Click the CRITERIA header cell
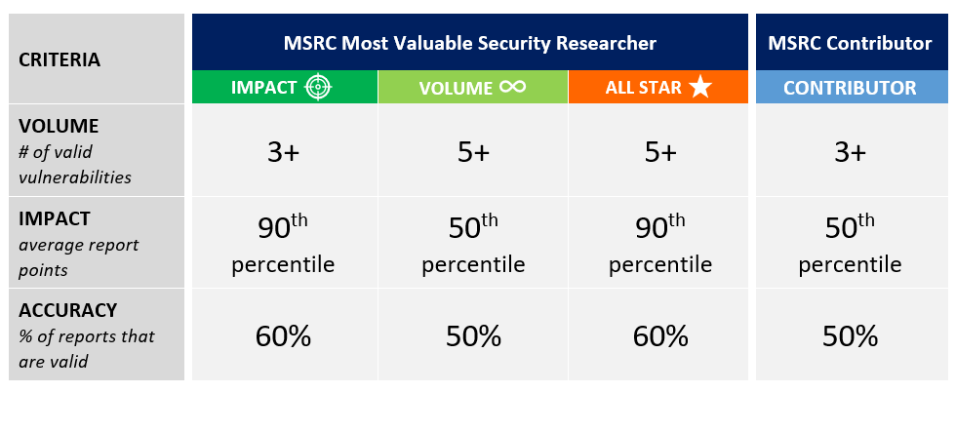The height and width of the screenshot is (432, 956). (60, 59)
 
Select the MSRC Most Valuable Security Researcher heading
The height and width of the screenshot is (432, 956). (470, 43)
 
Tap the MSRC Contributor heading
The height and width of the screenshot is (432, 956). (850, 43)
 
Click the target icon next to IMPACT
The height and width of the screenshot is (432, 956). (318, 88)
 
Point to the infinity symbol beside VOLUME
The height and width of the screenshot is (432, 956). (512, 87)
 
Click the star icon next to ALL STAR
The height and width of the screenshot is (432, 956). (699, 88)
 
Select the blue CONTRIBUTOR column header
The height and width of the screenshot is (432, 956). (850, 88)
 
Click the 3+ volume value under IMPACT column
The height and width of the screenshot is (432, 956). (283, 152)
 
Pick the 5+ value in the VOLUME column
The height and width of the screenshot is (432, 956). (472, 152)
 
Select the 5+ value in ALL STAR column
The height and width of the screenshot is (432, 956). (660, 152)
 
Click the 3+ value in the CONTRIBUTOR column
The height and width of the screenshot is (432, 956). (850, 152)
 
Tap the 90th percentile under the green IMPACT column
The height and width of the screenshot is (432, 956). (283, 244)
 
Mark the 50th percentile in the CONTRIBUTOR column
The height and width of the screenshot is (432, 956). (850, 244)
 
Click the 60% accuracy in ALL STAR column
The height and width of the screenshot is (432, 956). (660, 336)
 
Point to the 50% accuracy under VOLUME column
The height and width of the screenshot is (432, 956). (473, 336)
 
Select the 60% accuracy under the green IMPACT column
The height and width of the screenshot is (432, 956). (283, 336)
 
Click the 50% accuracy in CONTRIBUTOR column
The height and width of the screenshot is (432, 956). (850, 336)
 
